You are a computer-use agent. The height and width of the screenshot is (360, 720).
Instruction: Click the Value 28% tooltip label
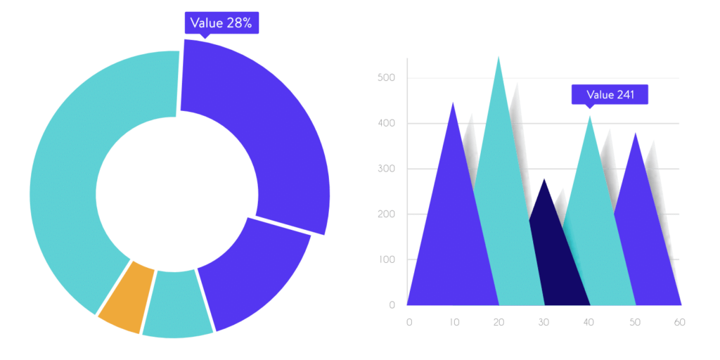pos(221,23)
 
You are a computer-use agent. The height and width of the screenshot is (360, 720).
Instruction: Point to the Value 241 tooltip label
pos(610,95)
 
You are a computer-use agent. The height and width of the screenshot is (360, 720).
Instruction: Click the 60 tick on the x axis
pos(679,322)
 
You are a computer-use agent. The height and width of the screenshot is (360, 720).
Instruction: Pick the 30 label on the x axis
pos(543,322)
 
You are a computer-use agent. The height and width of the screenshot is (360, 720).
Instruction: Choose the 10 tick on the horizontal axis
pos(454,322)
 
